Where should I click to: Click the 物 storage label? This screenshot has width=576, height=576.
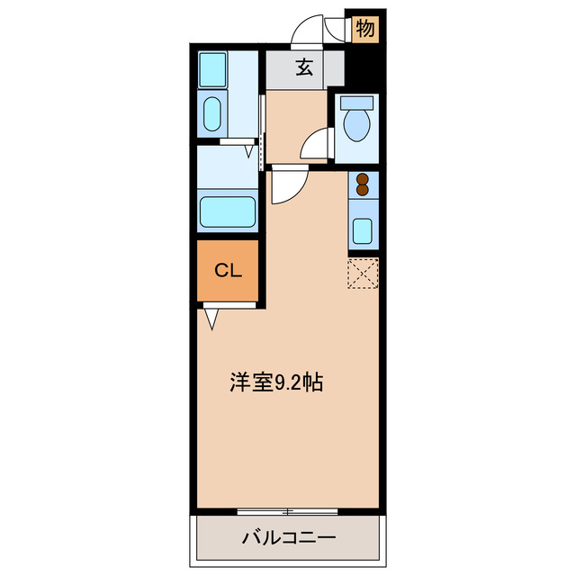364,28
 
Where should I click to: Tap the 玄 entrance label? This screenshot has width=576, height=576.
305,67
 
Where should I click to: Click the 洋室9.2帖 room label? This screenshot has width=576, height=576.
275,382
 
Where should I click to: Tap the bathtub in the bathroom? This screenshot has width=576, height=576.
229,212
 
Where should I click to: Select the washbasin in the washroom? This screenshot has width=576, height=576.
212,114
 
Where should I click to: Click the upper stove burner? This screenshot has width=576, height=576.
363,178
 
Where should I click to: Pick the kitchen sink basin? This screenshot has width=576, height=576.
363,230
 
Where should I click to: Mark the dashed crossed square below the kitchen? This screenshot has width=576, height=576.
363,274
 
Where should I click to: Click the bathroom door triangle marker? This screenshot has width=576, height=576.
248,150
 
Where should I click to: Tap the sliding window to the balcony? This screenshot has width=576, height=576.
288,511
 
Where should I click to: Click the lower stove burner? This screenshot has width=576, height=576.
363,190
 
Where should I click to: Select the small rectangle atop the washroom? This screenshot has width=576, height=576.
212,67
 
